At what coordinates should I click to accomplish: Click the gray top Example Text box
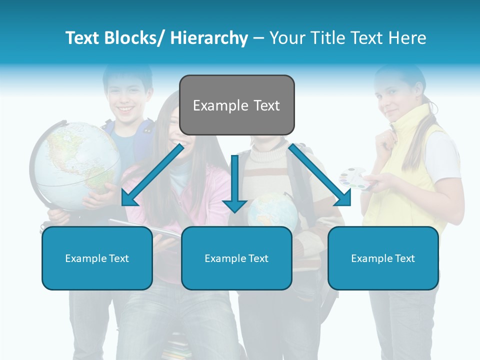(236, 105)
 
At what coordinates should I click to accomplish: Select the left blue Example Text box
(97, 258)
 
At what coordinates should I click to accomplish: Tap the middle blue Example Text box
(236, 258)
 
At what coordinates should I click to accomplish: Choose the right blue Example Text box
(383, 258)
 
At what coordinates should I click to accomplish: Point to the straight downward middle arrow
(234, 182)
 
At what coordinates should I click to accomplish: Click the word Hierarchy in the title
(209, 38)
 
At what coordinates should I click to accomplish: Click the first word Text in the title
(83, 38)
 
